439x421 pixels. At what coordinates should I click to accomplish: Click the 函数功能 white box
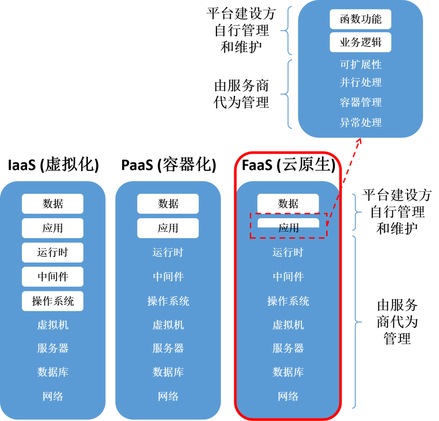pos(360,19)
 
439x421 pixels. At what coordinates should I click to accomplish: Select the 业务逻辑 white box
pos(360,42)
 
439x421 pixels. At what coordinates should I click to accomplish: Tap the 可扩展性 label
pos(361,65)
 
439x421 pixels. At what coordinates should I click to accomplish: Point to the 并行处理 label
pos(361,82)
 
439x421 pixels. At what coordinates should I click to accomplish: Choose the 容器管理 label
pos(361,102)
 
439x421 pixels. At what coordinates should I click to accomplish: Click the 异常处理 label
pos(361,122)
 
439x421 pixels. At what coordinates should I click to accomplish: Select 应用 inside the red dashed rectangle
pos(288,228)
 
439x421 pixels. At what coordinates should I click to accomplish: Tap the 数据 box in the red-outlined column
pos(288,204)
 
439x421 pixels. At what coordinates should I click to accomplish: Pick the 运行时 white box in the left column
pos(52,252)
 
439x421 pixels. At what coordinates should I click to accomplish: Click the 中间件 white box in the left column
pos(52,277)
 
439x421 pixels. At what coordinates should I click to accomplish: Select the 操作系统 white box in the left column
pos(52,301)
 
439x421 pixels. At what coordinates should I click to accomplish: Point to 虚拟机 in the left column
pos(52,325)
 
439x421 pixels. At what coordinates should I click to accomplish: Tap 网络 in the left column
pos(52,396)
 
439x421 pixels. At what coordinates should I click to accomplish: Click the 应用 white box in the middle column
pos(168,228)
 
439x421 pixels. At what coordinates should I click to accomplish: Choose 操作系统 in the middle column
pos(168,301)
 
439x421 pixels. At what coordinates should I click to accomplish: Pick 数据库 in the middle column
pos(168,372)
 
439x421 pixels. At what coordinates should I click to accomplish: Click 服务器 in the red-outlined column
pos(288,348)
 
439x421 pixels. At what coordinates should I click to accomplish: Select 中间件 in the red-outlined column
pos(288,277)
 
